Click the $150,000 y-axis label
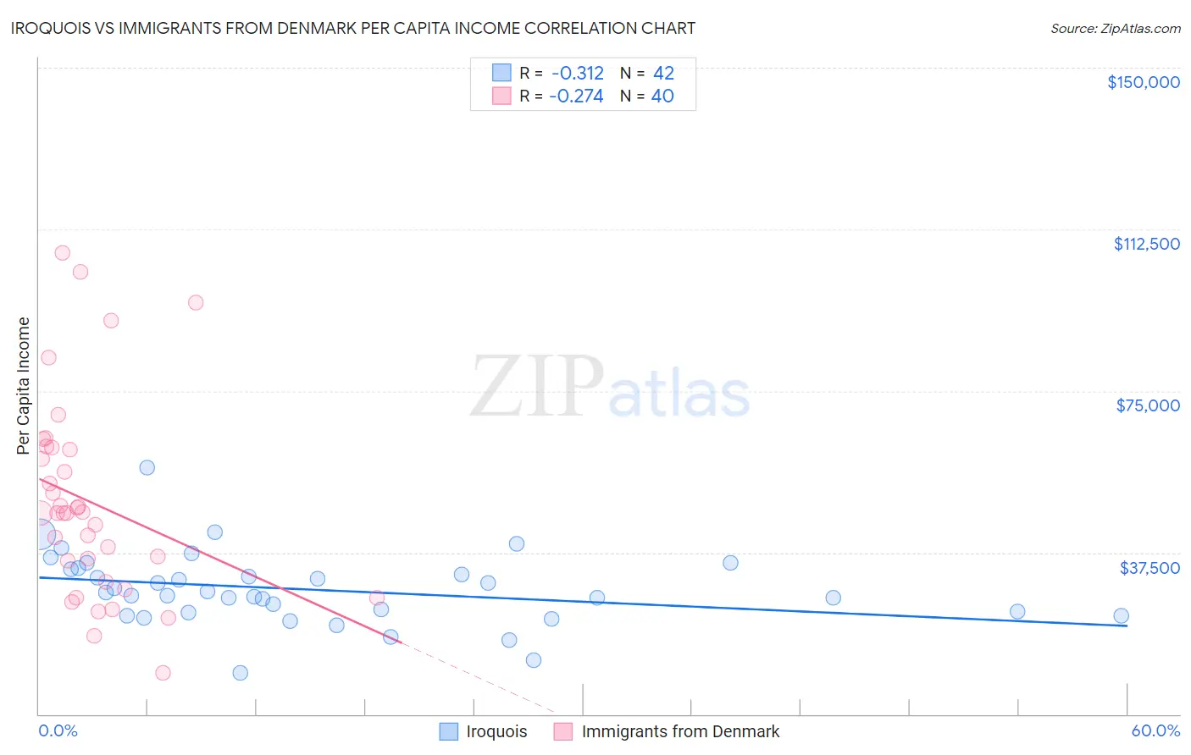(x=1143, y=82)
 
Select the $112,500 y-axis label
(x=1146, y=244)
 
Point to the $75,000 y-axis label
(x=1148, y=405)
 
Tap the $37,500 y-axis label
(x=1149, y=567)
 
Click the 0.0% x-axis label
(x=58, y=730)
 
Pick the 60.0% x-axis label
(x=1155, y=730)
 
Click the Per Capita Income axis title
(x=24, y=385)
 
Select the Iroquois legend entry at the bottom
(x=496, y=731)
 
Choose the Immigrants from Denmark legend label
(x=680, y=731)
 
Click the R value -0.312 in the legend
(x=577, y=73)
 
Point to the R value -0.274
(x=576, y=96)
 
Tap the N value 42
(x=663, y=73)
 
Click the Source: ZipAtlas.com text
(x=1115, y=28)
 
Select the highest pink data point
(x=62, y=252)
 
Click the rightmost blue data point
(x=1121, y=616)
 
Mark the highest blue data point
(x=147, y=467)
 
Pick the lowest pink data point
(x=163, y=673)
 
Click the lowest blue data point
(x=241, y=673)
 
